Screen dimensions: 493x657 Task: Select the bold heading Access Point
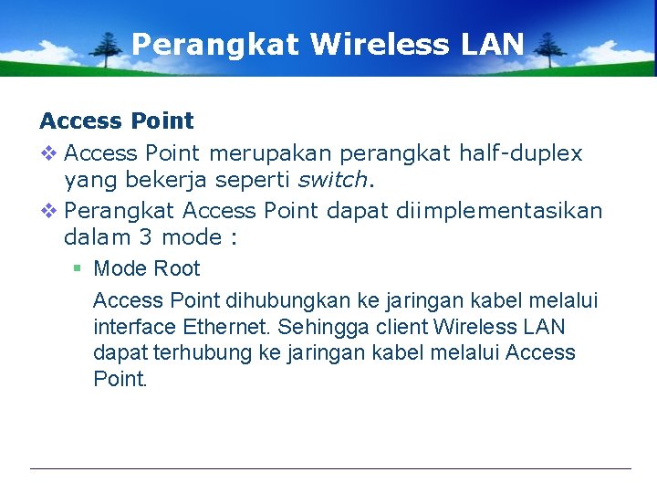tap(117, 121)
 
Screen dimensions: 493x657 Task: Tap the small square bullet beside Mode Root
tap(78, 268)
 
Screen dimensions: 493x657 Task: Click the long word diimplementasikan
tap(499, 211)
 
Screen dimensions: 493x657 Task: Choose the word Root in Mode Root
tap(176, 268)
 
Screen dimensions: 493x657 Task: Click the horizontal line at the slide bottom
tap(330, 469)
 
